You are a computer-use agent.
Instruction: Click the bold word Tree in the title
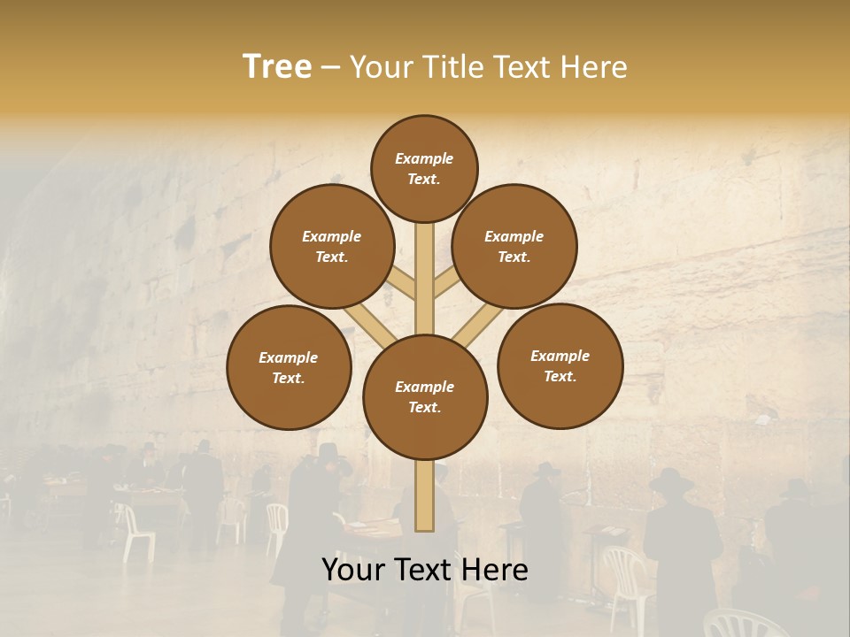point(277,66)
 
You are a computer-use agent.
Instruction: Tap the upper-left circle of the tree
point(332,246)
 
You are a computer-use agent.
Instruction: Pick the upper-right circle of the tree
point(514,246)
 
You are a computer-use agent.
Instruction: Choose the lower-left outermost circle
point(289,367)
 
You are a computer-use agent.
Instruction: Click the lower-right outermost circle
point(560,365)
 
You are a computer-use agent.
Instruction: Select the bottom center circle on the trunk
point(425,397)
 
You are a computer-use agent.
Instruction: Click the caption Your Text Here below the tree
point(425,570)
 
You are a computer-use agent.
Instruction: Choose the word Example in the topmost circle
point(424,159)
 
